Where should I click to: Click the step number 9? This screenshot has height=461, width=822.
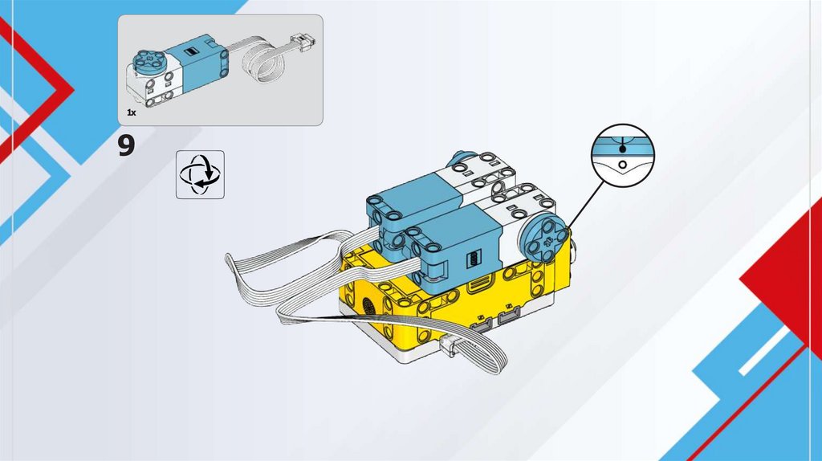(x=126, y=146)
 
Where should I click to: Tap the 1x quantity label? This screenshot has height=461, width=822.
(x=131, y=114)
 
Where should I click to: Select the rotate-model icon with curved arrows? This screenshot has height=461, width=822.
(x=200, y=173)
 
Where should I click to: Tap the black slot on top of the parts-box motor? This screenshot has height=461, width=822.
(x=191, y=51)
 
